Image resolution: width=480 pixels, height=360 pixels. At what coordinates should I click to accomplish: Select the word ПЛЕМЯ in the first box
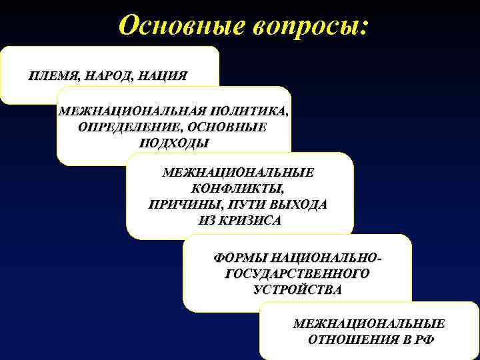point(52,75)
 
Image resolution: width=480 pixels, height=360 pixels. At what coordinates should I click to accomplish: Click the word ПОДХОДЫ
point(174,143)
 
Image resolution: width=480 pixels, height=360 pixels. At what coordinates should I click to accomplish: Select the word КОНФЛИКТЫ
point(238,189)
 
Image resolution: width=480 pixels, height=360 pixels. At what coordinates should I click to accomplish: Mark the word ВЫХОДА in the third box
point(298,205)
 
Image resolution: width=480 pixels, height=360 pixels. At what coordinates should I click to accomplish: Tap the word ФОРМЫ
point(241,257)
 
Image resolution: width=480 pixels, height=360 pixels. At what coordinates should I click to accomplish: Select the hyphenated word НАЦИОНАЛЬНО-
point(331,257)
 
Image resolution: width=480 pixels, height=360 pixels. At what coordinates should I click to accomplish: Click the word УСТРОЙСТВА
point(297,289)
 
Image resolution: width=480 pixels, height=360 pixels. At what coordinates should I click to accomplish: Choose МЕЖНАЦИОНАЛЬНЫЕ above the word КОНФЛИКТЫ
point(239,172)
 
